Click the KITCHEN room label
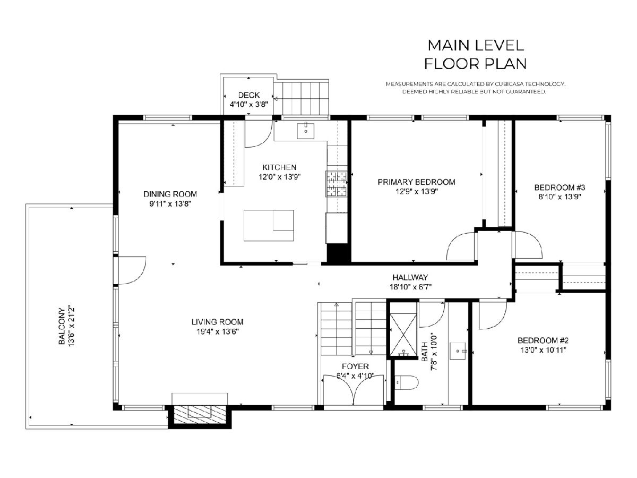coord(279,167)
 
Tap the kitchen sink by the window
coord(306,131)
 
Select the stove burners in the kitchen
coord(337,184)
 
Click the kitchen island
coord(269,226)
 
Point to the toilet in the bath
coord(406,382)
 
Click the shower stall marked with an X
coord(403,335)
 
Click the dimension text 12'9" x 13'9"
coord(417,192)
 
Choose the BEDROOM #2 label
coord(543,340)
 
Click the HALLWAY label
coord(410,277)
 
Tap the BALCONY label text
coord(62,326)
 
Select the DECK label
coord(249,95)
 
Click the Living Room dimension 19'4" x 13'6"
coord(217,331)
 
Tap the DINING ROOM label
coord(170,194)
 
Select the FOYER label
coord(355,366)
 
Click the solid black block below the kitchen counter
coord(337,254)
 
